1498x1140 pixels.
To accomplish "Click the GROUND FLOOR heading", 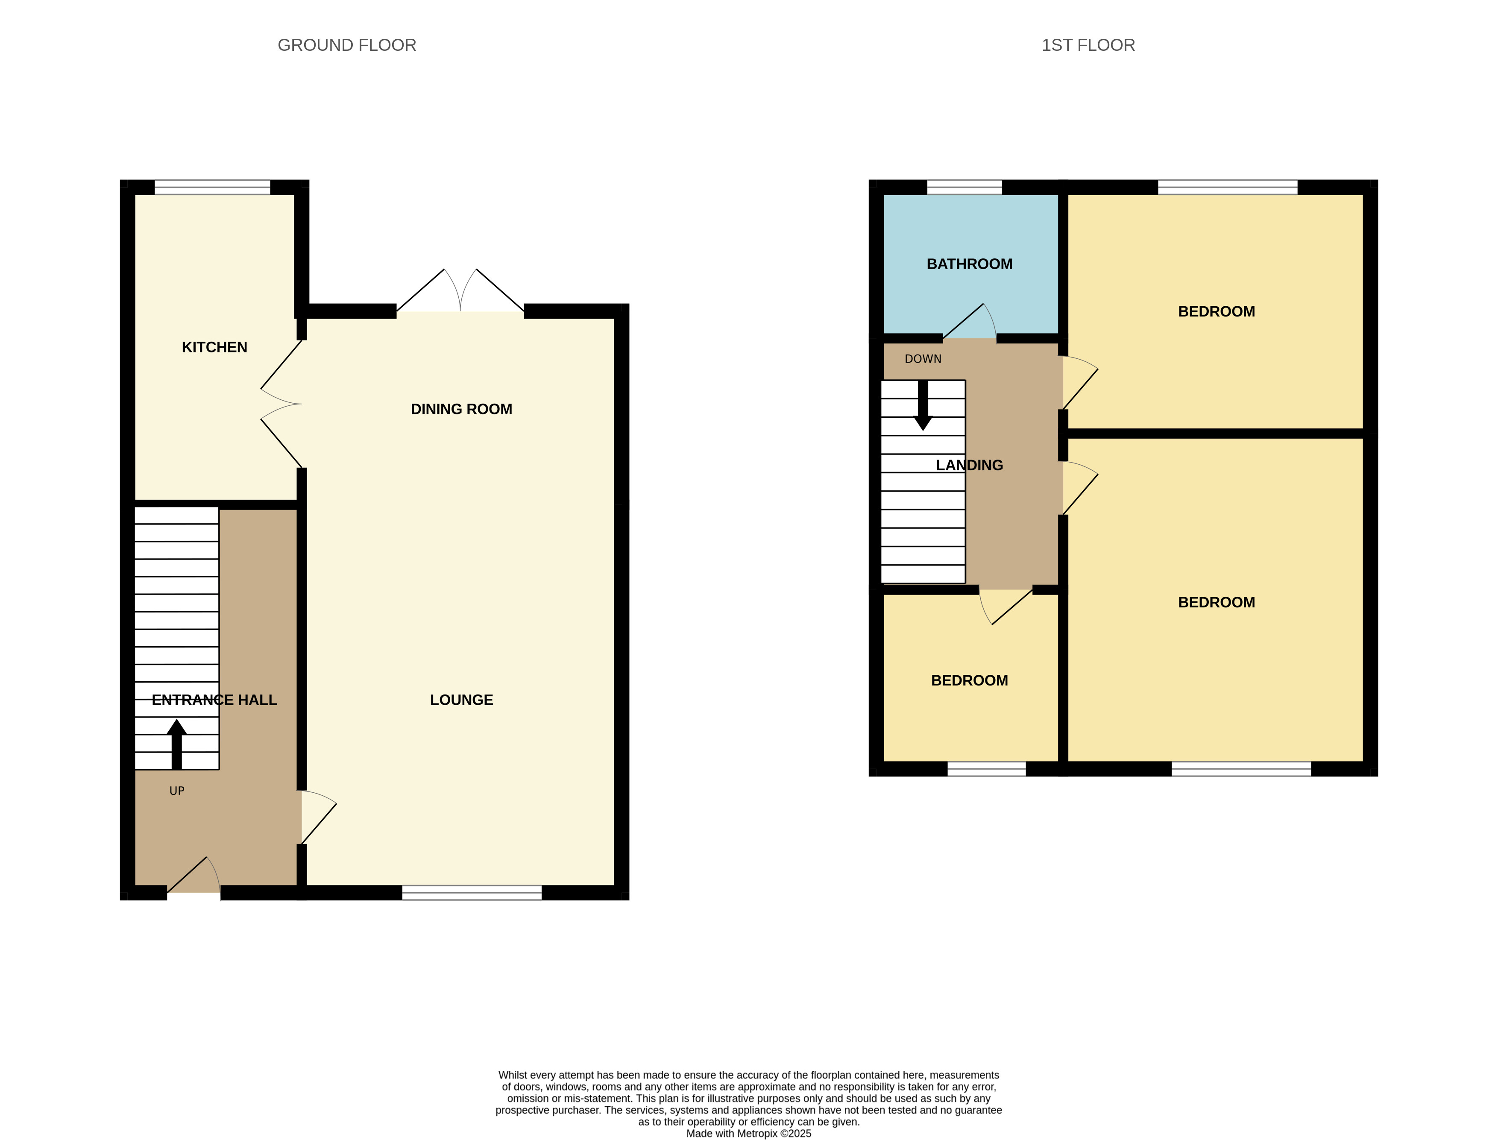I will click(347, 45).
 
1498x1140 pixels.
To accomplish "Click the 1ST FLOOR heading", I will click(1088, 45).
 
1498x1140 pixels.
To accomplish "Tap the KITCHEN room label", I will click(214, 347).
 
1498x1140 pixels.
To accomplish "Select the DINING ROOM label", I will click(461, 409).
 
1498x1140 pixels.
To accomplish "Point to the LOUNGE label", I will click(461, 700).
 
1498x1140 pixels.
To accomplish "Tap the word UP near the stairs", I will click(176, 791).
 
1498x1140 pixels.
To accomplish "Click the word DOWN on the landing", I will click(923, 359).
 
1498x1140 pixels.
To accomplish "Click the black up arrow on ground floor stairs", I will click(176, 743).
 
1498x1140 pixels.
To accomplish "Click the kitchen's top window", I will click(212, 187).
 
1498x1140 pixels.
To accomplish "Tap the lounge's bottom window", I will click(472, 893).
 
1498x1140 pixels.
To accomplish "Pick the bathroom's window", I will click(964, 187).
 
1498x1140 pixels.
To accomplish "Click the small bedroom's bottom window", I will click(986, 769).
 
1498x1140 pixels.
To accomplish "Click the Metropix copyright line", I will click(748, 1133).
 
